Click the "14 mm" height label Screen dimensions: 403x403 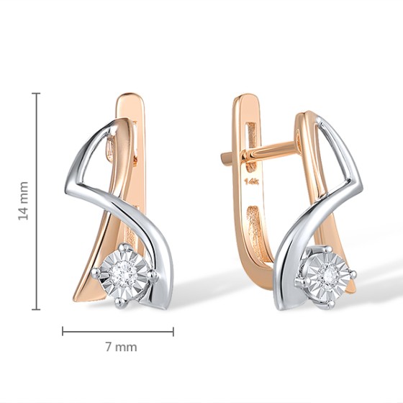tap(23, 201)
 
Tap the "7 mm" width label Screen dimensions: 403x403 tap(121, 347)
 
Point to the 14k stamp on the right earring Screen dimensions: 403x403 tap(252, 181)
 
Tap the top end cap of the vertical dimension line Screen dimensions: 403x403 tap(36, 94)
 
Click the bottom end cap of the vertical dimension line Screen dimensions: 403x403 tap(36, 309)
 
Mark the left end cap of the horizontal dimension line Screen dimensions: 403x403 tap(63, 331)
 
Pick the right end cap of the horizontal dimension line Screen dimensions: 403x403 tap(173, 332)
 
